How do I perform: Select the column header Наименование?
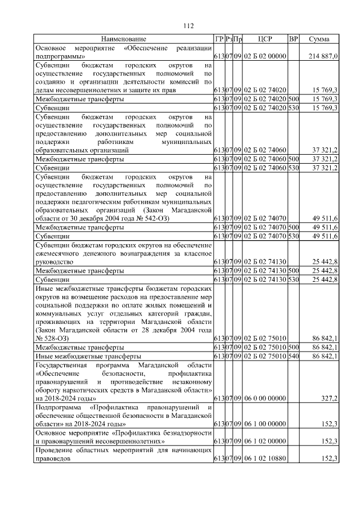point(123,39)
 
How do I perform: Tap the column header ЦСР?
point(265,39)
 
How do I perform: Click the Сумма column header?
point(319,39)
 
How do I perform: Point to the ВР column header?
point(293,39)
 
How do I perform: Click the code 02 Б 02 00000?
point(265,57)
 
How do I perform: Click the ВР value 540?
point(293,356)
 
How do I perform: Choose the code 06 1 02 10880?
point(265,459)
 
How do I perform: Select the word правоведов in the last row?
point(53,459)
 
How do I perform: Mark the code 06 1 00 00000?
point(265,424)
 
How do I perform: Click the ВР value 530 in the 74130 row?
point(293,279)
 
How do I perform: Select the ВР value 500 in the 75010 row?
point(293,347)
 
